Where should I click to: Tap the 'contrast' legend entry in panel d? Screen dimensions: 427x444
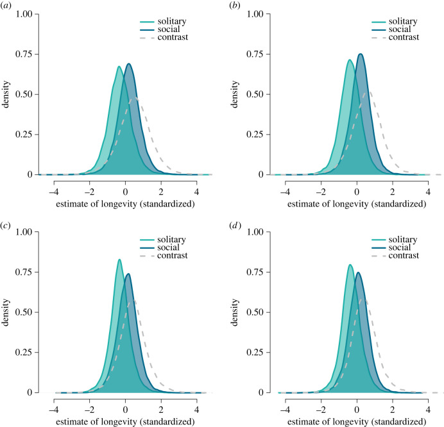pos(402,256)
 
